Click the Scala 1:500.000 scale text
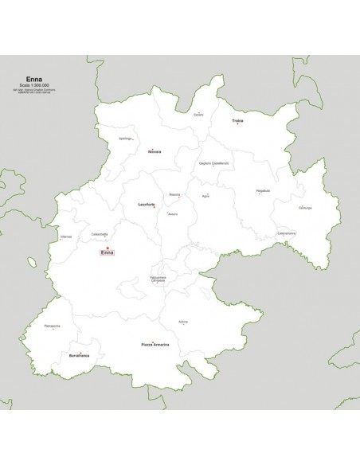[x=36, y=85]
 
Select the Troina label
[x=237, y=122]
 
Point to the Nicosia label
[x=155, y=151]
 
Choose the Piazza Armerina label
[x=155, y=344]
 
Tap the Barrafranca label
[x=80, y=354]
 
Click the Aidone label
[x=184, y=321]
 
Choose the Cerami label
[x=199, y=115]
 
